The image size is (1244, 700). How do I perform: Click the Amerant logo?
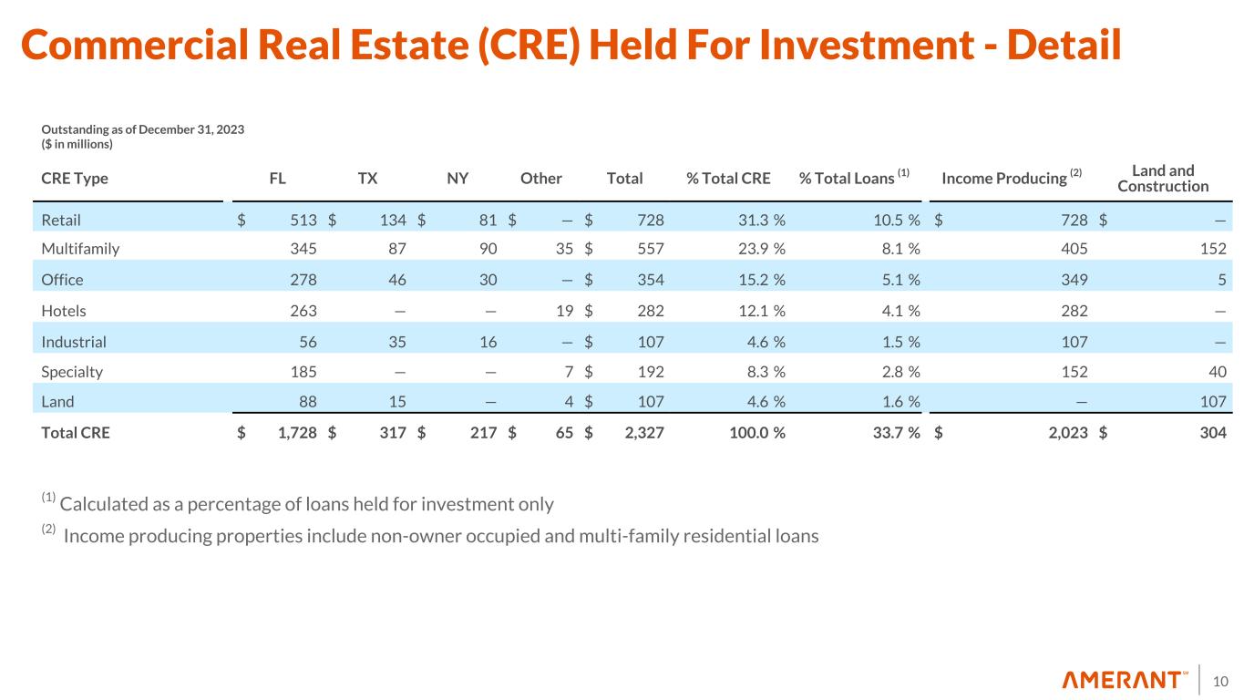click(1125, 680)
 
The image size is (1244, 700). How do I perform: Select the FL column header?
click(278, 179)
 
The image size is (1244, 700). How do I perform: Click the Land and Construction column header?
click(1162, 179)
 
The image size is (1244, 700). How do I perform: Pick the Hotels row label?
click(64, 310)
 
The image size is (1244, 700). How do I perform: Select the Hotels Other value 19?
click(564, 310)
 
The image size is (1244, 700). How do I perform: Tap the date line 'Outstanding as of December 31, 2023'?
click(143, 129)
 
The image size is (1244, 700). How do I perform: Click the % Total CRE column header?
click(728, 179)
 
